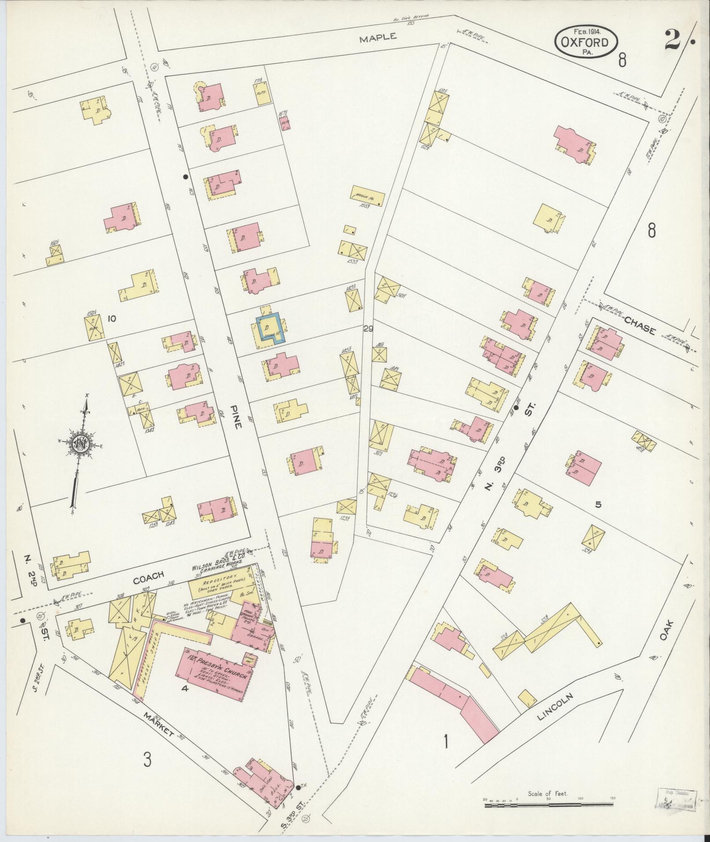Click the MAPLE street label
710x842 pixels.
coord(378,38)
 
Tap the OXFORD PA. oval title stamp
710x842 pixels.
coord(586,42)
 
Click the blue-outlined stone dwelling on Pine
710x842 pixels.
coord(270,327)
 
